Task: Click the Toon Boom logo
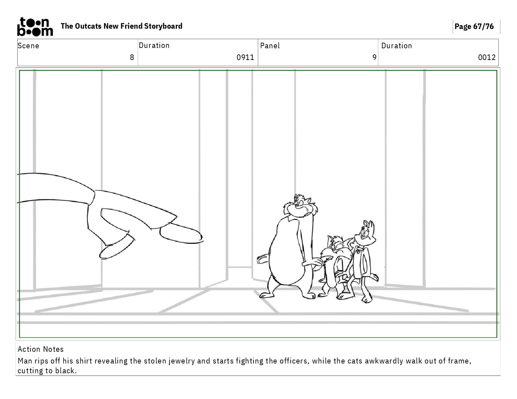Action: tap(35, 27)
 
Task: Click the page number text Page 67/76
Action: tap(474, 26)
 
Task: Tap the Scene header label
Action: tap(28, 46)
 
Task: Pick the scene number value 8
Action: tap(132, 57)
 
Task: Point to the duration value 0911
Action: tap(245, 57)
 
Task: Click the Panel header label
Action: tap(270, 46)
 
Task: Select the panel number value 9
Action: tap(374, 57)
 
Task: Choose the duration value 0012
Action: tap(487, 57)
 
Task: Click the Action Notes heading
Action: tap(41, 349)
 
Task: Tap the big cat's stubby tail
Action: tap(263, 259)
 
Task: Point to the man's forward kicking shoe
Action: tap(181, 234)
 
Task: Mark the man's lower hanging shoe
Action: tap(116, 248)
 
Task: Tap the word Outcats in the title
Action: tap(88, 26)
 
